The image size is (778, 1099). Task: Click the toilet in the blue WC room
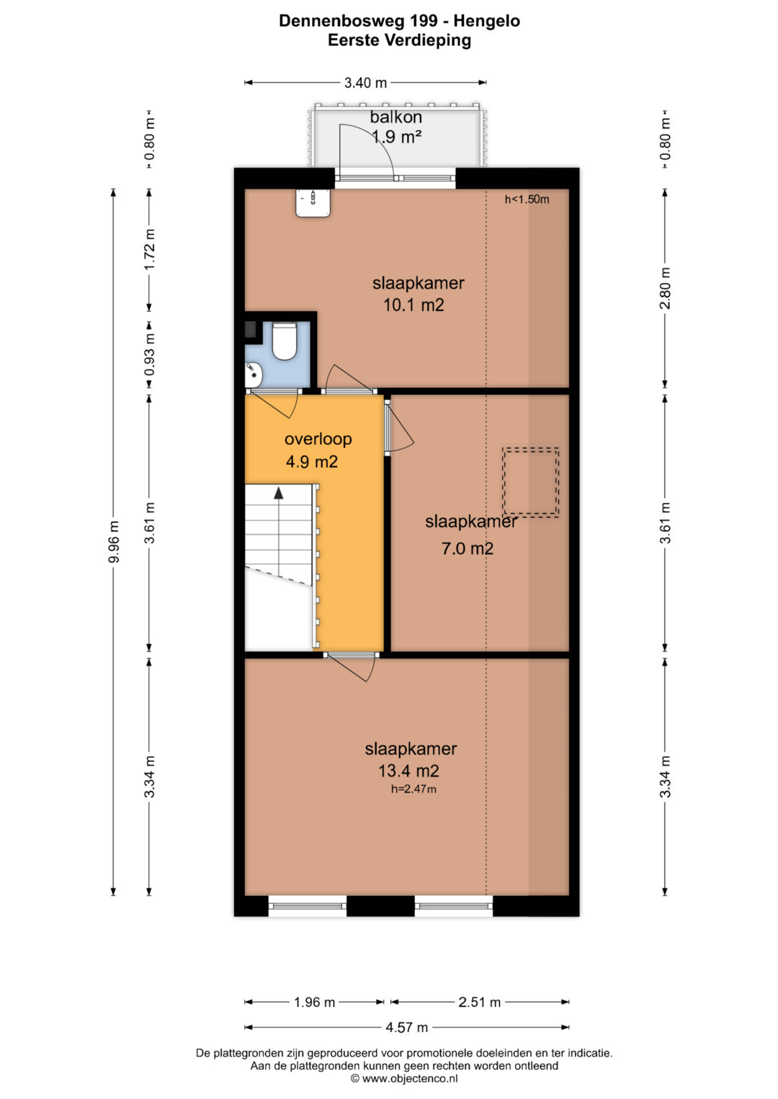click(x=284, y=340)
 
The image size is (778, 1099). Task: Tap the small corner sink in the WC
click(x=254, y=374)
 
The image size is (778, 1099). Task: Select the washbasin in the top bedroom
click(x=313, y=203)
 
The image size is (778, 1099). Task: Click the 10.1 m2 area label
click(x=413, y=305)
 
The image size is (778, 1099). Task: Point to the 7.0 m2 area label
click(x=467, y=548)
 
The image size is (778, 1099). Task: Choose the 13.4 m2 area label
click(x=408, y=771)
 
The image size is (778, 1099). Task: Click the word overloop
click(x=318, y=438)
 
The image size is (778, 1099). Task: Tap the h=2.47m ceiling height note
click(x=413, y=789)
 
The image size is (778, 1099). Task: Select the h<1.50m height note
click(x=527, y=199)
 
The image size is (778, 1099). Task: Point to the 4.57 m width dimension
click(x=407, y=1027)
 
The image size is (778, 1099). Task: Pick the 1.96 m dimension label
click(x=314, y=1002)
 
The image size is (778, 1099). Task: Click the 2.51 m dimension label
click(x=479, y=1002)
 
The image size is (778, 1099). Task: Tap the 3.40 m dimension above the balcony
click(x=365, y=83)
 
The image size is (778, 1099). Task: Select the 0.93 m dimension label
click(x=149, y=354)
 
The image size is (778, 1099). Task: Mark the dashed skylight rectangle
click(x=530, y=481)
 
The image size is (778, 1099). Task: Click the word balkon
click(x=396, y=117)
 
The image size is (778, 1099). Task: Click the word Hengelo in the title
click(x=486, y=21)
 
